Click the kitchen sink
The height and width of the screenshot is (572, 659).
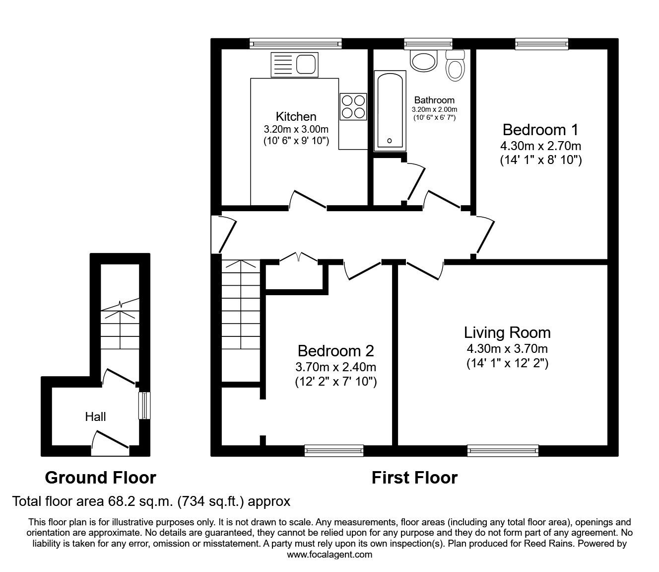tap(294, 65)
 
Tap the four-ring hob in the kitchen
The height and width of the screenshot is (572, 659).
tap(353, 106)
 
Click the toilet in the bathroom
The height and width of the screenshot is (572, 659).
tap(455, 66)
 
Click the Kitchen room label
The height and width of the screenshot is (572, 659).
tap(296, 116)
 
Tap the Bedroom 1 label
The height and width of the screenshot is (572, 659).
tap(540, 130)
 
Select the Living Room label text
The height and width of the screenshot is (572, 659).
tap(507, 332)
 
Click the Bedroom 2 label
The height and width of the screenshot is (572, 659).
tap(335, 351)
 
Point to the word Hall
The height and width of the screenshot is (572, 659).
tap(95, 416)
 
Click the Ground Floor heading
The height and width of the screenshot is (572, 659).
tap(100, 478)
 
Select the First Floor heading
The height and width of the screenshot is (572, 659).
tap(414, 478)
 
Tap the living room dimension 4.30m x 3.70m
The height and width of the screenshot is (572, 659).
tap(507, 349)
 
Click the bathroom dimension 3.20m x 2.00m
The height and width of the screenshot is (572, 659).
tap(434, 109)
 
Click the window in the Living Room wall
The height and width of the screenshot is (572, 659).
tap(503, 450)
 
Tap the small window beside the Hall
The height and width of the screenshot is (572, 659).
tap(144, 405)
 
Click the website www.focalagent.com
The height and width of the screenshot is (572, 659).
tap(329, 555)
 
